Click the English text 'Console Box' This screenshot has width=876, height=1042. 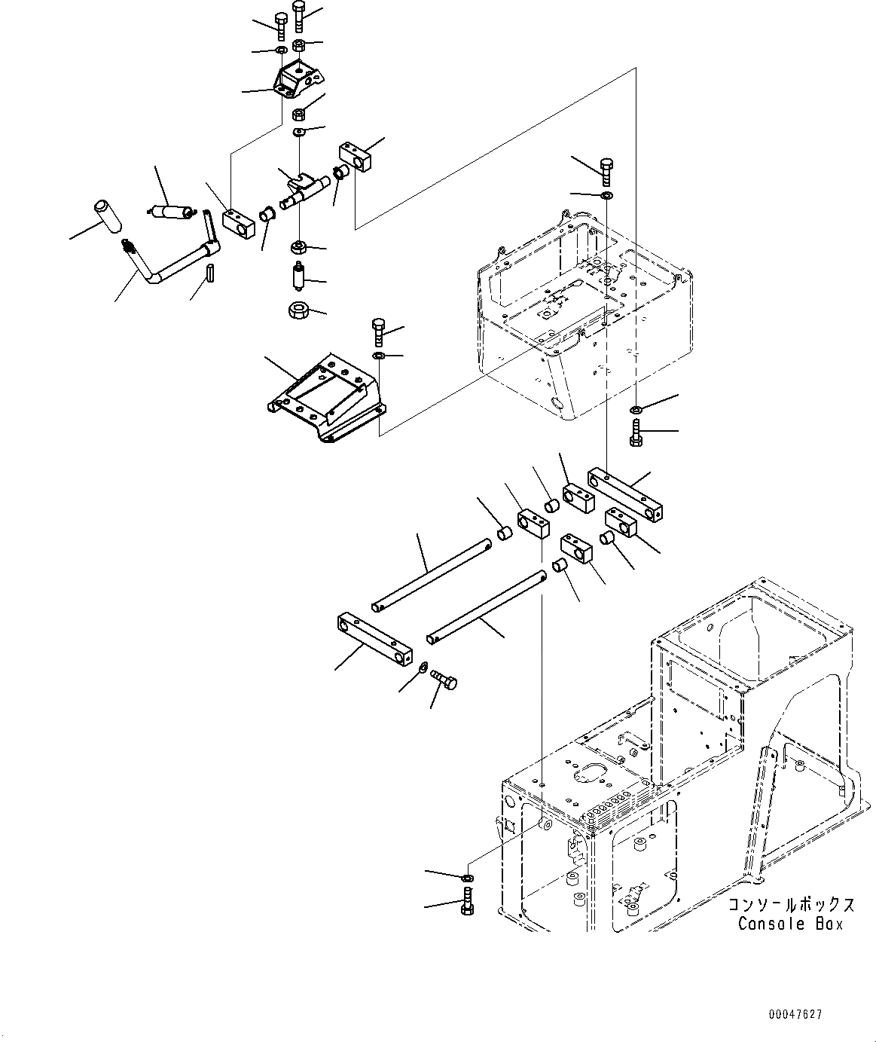pyautogui.click(x=790, y=924)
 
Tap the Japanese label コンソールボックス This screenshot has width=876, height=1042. pyautogui.click(x=791, y=905)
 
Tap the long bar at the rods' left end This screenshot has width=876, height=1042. pyautogui.click(x=374, y=635)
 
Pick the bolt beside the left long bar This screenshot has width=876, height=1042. pyautogui.click(x=444, y=681)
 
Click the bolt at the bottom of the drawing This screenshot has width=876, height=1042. pyautogui.click(x=467, y=900)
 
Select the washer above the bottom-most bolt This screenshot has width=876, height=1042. pyautogui.click(x=467, y=879)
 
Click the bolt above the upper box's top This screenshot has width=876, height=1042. pyautogui.click(x=607, y=171)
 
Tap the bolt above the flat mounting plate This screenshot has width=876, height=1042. pyautogui.click(x=379, y=332)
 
